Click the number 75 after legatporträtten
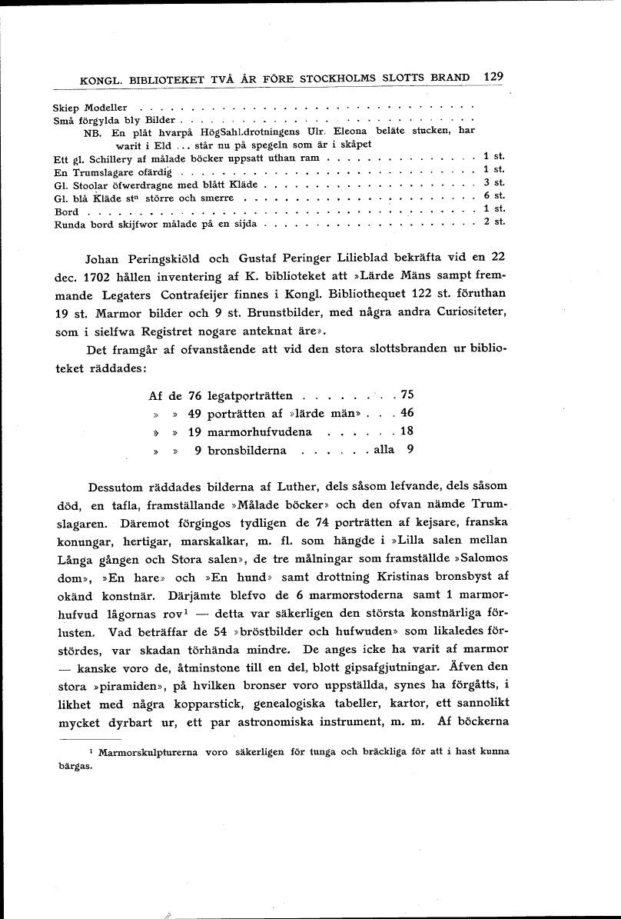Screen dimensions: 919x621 [407, 395]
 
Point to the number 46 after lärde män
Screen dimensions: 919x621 [407, 413]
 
